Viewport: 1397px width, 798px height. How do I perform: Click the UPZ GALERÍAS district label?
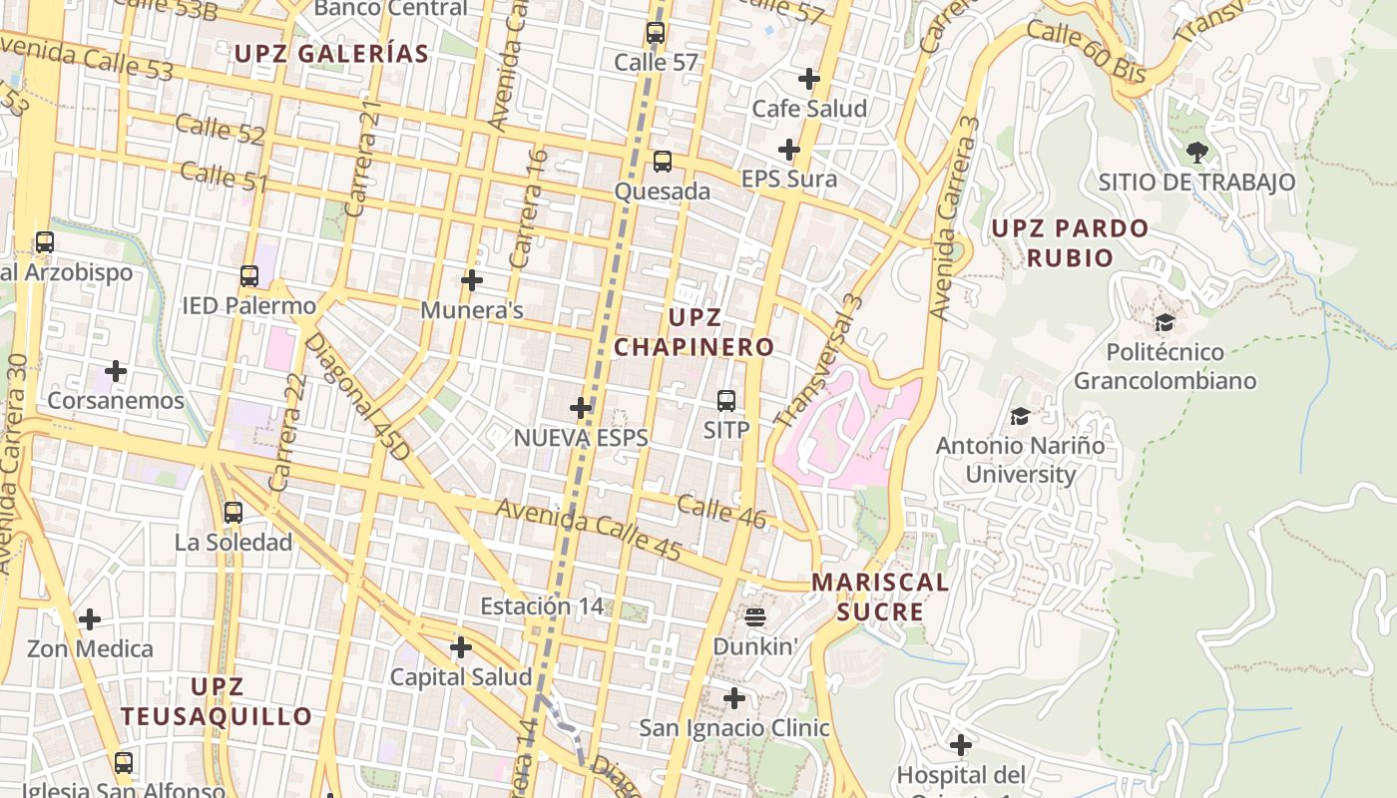coord(331,54)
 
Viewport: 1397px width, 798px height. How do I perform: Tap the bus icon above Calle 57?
coord(656,33)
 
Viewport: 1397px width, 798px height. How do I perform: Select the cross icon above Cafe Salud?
coord(809,78)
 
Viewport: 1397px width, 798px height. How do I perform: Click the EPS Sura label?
coord(788,180)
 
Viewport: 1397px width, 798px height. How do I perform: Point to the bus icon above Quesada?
coord(663,162)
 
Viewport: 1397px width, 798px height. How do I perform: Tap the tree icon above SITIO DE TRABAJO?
coord(1196,153)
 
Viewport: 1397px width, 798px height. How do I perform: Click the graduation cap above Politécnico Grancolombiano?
coord(1164,323)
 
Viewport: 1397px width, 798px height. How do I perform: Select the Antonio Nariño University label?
coord(1020,459)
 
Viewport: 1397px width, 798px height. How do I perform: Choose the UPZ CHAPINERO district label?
coord(694,332)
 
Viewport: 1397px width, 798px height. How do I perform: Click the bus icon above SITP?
coord(726,401)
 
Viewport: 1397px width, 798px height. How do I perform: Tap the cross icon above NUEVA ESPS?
coord(581,408)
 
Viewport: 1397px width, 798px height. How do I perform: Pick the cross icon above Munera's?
coord(472,280)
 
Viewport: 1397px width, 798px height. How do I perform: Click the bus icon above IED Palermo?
coord(249,276)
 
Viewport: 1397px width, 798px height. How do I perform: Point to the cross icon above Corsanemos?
coord(116,372)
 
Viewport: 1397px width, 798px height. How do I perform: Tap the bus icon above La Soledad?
coord(233,513)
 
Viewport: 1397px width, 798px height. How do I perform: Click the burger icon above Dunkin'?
coord(755,617)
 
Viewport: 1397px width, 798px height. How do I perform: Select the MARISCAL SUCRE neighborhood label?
coord(880,597)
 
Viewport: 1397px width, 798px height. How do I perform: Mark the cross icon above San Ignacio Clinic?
coord(734,698)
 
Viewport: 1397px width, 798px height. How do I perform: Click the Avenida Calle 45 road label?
coord(589,530)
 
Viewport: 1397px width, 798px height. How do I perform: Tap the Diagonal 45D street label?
coord(357,397)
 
